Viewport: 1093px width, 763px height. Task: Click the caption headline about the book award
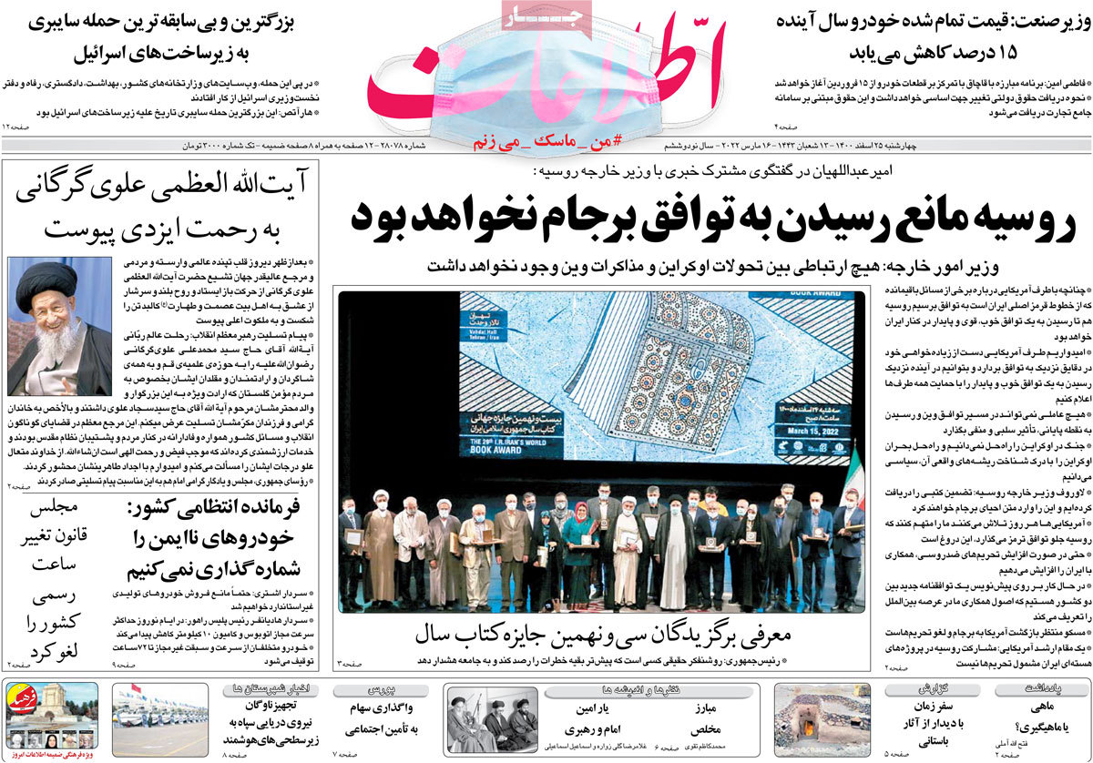pyautogui.click(x=600, y=633)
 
